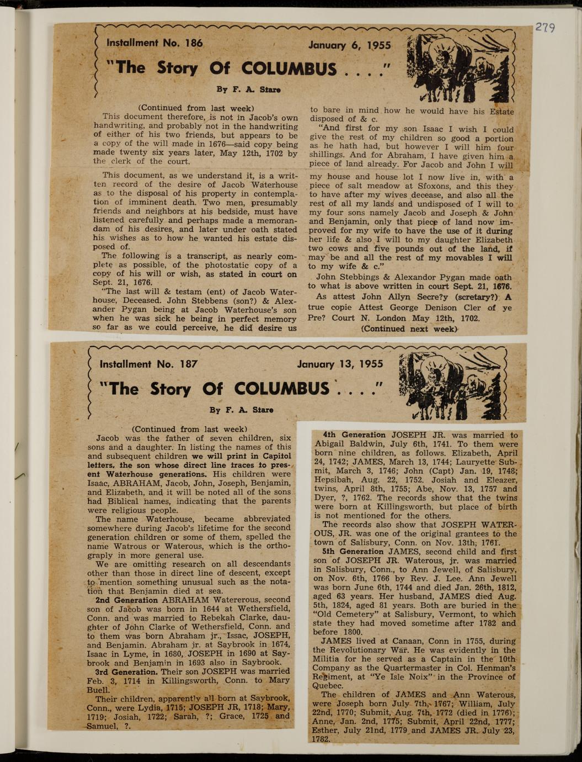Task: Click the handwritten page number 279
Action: click(x=544, y=27)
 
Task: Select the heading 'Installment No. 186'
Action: click(x=154, y=43)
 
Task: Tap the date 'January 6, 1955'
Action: click(x=349, y=45)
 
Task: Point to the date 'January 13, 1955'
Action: click(x=340, y=364)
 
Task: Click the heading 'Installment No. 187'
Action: click(x=148, y=364)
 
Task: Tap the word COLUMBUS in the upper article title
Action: click(x=289, y=68)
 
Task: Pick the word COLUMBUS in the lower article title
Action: click(x=281, y=389)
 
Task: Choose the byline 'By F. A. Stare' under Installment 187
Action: click(x=242, y=410)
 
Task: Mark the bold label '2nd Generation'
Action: click(x=126, y=600)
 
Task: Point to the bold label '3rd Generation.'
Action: click(x=127, y=672)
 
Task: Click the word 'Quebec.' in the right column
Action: click(x=329, y=685)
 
